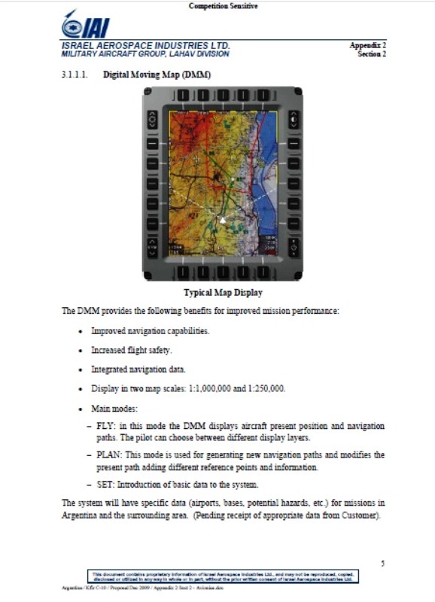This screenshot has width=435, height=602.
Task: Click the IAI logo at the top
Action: pos(86,26)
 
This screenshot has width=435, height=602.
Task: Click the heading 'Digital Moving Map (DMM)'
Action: pos(157,76)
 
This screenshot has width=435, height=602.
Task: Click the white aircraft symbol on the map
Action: pos(222,220)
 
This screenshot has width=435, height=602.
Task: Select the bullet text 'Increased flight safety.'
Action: pos(132,350)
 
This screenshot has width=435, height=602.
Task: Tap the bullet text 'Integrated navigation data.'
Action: pos(138,369)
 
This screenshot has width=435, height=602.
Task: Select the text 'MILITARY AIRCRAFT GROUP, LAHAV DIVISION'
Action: pos(145,53)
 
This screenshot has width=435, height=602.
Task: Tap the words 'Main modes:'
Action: pos(114,409)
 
